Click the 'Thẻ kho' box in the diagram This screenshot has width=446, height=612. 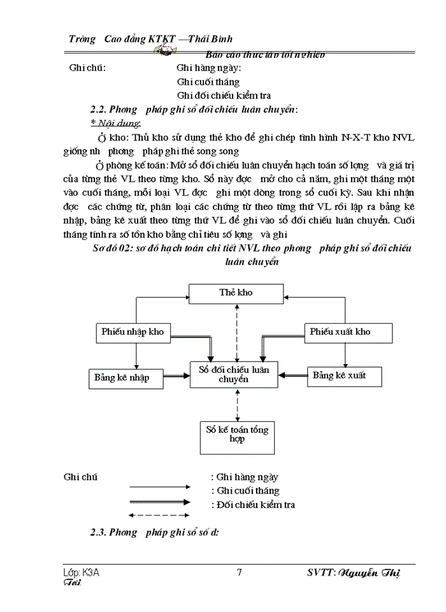[x=236, y=293]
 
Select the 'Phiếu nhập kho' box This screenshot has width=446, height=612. [x=133, y=331]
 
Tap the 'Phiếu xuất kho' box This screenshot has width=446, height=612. [x=340, y=331]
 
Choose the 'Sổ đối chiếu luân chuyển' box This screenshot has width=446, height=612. [x=234, y=374]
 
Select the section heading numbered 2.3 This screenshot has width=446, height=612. [x=154, y=533]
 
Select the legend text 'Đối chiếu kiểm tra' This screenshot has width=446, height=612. [x=255, y=505]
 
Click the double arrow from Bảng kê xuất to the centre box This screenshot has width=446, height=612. [x=292, y=375]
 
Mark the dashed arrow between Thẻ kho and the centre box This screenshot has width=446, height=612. [x=236, y=331]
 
